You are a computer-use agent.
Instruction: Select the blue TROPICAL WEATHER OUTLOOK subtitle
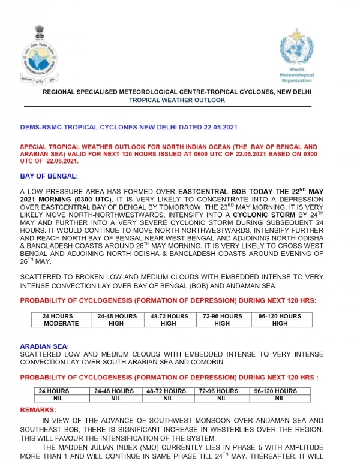click(x=177, y=100)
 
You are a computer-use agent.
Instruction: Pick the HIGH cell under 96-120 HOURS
click(x=280, y=323)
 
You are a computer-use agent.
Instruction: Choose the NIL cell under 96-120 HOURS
click(x=280, y=397)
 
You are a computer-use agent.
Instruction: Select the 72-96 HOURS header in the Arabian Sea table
click(x=221, y=391)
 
